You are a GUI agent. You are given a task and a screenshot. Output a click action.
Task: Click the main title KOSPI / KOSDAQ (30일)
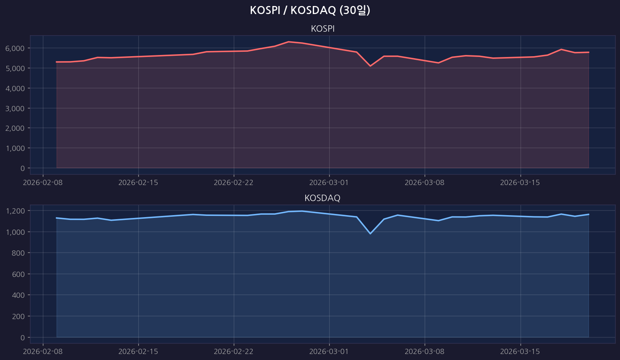point(310,10)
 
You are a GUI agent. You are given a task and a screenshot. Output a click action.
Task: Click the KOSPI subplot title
point(322,29)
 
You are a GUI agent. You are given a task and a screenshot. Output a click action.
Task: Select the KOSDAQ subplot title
point(322,198)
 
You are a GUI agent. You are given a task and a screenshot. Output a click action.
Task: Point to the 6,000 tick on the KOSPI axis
point(15,48)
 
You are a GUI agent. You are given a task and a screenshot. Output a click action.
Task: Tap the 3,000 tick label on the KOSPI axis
point(15,108)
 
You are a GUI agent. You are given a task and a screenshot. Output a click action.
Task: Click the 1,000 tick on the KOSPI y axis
point(15,148)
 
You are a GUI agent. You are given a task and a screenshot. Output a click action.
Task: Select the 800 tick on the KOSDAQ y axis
point(18,253)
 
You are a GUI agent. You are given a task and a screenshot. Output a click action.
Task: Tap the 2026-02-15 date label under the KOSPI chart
point(138,183)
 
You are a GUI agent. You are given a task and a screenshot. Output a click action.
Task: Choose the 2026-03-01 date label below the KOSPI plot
point(329,183)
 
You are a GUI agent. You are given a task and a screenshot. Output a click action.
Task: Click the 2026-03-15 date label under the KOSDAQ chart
point(520,352)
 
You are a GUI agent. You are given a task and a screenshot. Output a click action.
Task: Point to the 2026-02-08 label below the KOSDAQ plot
point(43,352)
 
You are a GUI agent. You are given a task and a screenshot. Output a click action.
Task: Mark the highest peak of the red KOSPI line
point(288,41)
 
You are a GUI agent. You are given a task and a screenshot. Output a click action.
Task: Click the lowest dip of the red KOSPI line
point(370,66)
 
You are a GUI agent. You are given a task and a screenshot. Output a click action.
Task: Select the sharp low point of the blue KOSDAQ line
point(370,233)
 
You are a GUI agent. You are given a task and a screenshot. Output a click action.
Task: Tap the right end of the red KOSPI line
point(588,52)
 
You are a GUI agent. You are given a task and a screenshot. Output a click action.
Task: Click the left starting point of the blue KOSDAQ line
point(57,218)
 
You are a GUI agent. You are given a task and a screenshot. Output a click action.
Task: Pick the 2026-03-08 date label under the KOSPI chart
point(425,183)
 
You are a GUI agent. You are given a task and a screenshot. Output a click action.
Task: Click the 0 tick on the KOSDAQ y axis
point(22,338)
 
